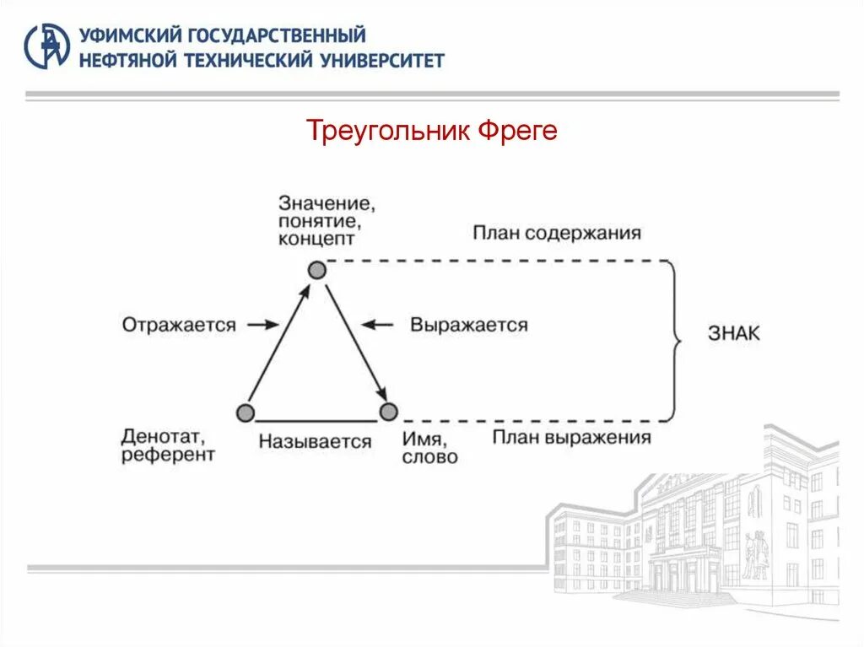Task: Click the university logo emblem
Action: [x=47, y=46]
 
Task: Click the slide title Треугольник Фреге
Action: [x=431, y=132]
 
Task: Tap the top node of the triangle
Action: [x=316, y=270]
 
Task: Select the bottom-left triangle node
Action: [x=245, y=412]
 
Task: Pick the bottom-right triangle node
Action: [x=388, y=412]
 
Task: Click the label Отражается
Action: [x=179, y=325]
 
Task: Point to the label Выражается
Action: [x=469, y=325]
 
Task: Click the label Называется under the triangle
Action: [x=316, y=441]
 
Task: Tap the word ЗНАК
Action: [x=733, y=333]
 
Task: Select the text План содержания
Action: [x=557, y=233]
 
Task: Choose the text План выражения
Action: [x=572, y=437]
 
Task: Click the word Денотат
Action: [x=163, y=437]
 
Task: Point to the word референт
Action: [x=168, y=456]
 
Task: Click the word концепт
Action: [x=316, y=239]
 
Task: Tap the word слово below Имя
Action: [x=430, y=457]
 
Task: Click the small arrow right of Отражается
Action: [x=265, y=324]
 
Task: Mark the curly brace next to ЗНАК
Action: [x=674, y=340]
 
